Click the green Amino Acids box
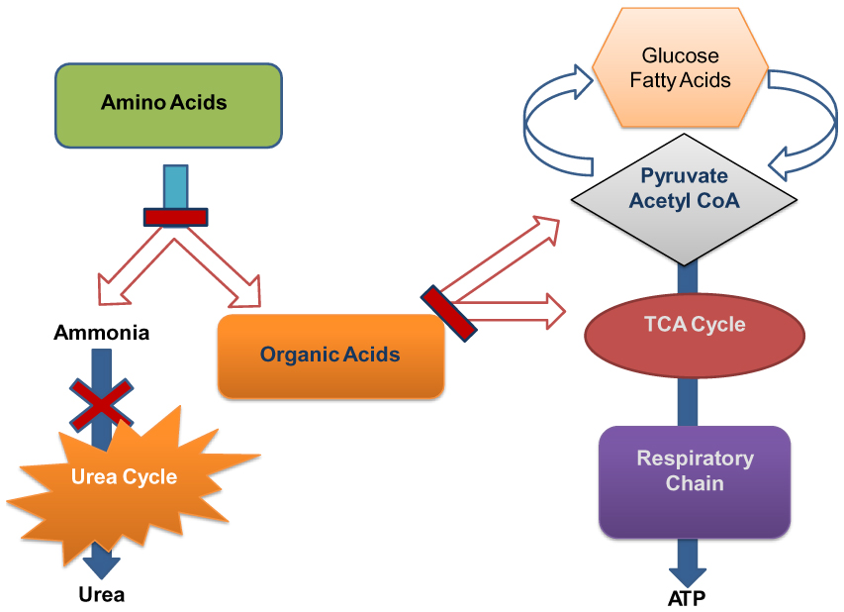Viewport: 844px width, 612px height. (x=163, y=102)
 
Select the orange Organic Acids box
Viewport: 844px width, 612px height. (x=329, y=355)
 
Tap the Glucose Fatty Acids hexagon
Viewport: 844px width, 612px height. (x=681, y=67)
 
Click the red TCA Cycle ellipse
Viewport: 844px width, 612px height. (x=695, y=326)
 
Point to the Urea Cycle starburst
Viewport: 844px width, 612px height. (x=124, y=477)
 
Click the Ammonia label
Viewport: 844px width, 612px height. (x=102, y=333)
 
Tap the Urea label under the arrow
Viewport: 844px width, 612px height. (x=102, y=594)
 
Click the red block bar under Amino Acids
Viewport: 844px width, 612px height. (x=176, y=217)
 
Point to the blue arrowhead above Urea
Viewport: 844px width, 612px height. (x=102, y=565)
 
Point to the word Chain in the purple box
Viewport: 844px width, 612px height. (x=695, y=484)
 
